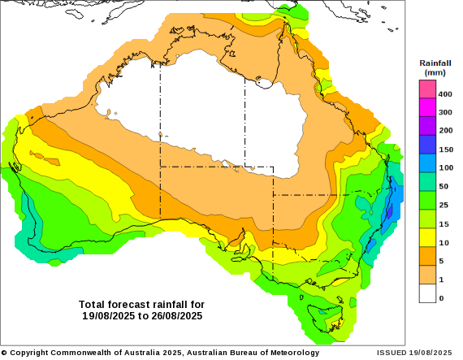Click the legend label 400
[445, 93]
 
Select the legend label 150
[445, 150]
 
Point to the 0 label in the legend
[441, 298]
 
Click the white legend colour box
[428, 293]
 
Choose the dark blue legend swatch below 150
[428, 144]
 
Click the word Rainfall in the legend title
[435, 63]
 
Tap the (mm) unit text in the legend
[435, 72]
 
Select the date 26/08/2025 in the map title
[175, 315]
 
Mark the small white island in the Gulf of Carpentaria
[263, 82]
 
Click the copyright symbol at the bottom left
[3, 353]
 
